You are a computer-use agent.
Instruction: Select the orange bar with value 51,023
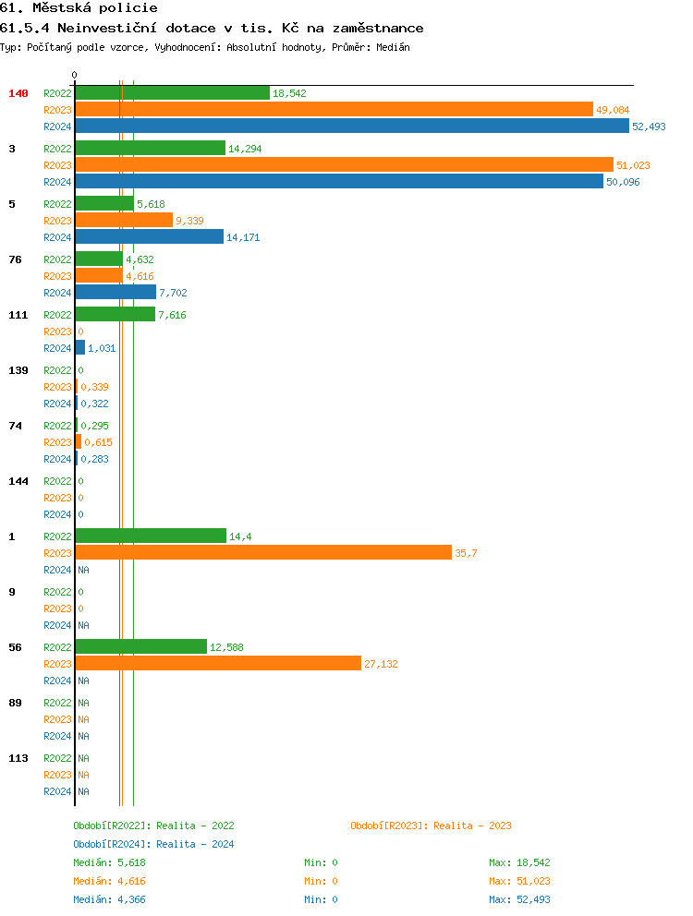(x=344, y=165)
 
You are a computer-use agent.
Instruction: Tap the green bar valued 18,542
(x=172, y=93)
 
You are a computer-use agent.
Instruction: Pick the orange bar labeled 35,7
(x=263, y=553)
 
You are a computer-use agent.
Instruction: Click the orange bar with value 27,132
(x=218, y=664)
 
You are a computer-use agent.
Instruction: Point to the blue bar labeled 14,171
(x=149, y=237)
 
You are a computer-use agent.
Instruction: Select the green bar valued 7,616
(x=115, y=315)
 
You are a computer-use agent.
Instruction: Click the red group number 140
(x=18, y=93)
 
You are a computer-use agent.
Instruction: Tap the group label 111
(x=18, y=315)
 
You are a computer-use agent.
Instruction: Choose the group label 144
(x=18, y=481)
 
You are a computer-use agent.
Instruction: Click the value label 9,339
(x=189, y=221)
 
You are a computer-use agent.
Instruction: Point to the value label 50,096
(x=623, y=182)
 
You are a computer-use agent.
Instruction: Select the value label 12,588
(x=226, y=647)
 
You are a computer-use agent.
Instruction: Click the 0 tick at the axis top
(x=75, y=76)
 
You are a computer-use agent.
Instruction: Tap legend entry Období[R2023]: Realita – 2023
(x=431, y=826)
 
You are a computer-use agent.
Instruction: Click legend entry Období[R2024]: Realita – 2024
(x=153, y=844)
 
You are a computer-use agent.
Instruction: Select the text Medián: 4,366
(x=109, y=899)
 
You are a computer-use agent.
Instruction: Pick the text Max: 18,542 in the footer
(x=519, y=862)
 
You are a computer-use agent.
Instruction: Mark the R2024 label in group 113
(x=57, y=791)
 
